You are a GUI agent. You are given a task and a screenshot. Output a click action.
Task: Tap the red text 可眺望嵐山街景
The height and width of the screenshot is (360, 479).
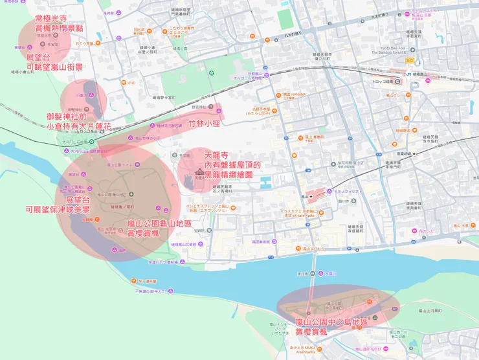click(x=54, y=67)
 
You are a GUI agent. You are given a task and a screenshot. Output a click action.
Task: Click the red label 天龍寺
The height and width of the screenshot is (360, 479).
click(x=217, y=155)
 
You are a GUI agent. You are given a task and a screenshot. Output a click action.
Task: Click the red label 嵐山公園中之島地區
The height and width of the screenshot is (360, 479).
click(x=331, y=322)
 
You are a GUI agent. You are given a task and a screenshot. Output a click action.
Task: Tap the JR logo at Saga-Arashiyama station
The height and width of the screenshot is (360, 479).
click(x=408, y=74)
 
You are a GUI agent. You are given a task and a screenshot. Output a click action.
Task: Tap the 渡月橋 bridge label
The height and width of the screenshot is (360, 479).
click(x=302, y=274)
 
